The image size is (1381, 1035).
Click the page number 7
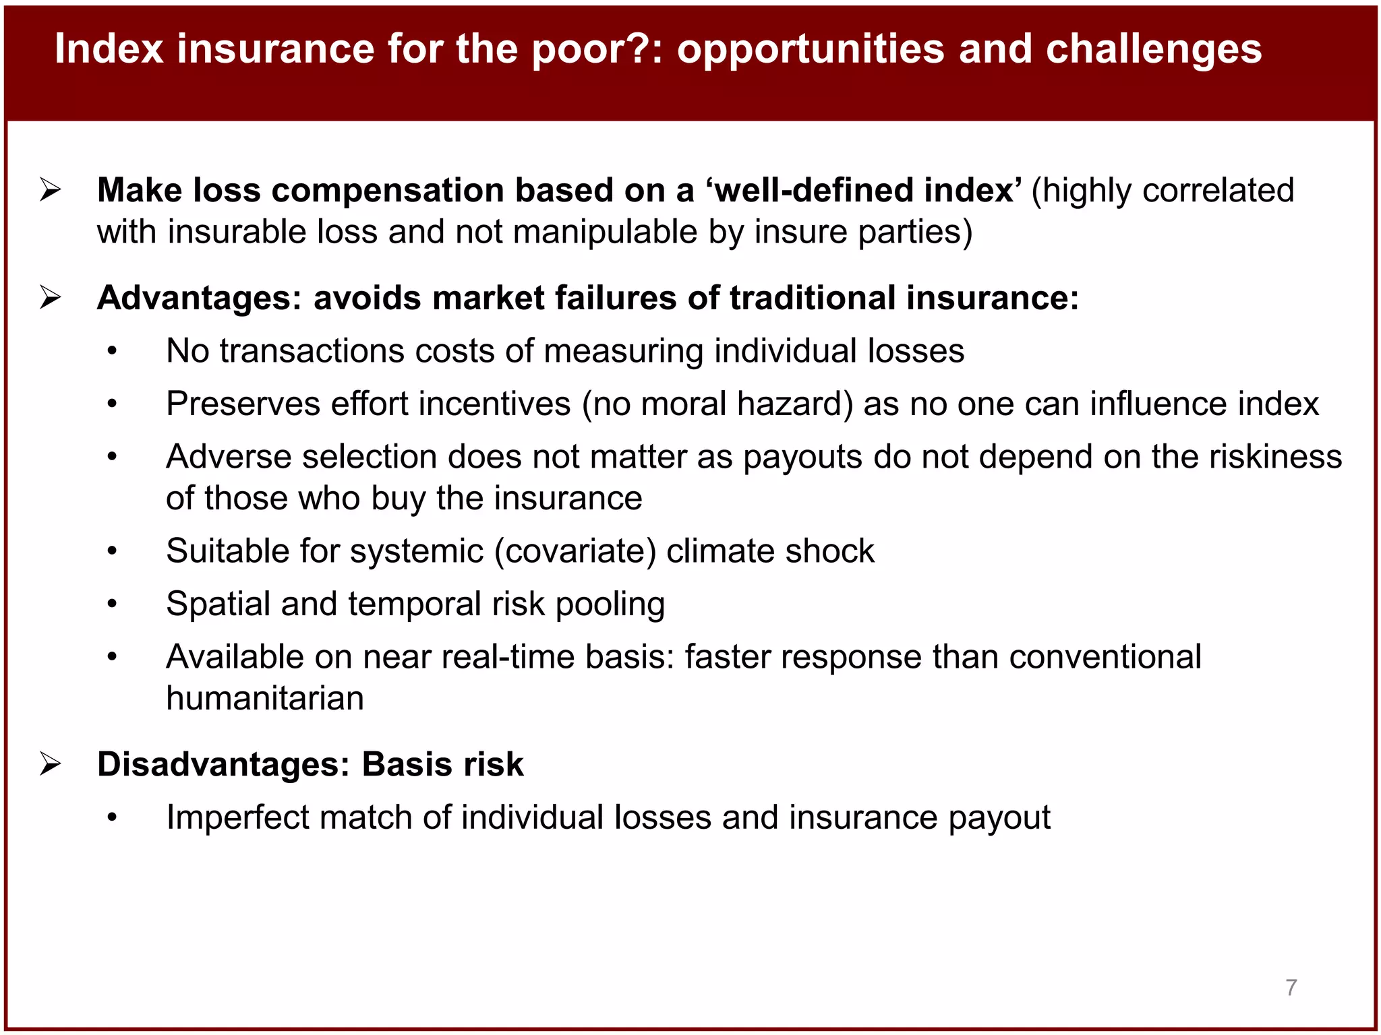click(x=1291, y=987)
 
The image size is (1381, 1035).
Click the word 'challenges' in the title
click(x=1153, y=49)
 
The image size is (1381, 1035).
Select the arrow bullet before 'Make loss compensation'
click(x=51, y=190)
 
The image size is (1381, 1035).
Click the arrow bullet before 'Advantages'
click(x=51, y=297)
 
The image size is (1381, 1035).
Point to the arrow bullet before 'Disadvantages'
click(x=51, y=764)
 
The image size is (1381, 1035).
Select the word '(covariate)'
click(x=575, y=551)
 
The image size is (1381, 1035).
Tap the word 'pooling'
click(x=610, y=604)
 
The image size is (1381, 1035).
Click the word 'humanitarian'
click(x=265, y=698)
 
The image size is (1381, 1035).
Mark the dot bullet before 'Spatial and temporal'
click(x=112, y=604)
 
